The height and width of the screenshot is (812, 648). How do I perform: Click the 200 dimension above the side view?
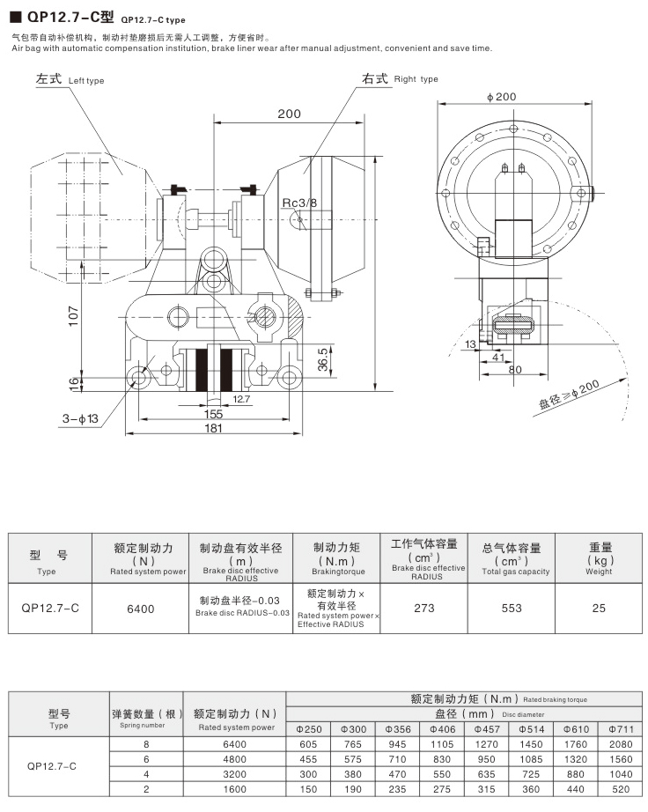tap(289, 114)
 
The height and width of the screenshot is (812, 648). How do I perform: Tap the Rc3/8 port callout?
tap(299, 203)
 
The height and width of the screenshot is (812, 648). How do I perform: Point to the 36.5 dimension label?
tap(322, 358)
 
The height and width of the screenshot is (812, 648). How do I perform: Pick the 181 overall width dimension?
tap(213, 428)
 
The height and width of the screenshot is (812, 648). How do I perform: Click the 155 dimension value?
tap(213, 413)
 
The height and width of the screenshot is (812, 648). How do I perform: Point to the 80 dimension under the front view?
tap(515, 369)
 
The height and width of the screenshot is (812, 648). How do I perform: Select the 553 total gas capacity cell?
tap(512, 608)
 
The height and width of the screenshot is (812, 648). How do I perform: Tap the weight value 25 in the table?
tap(599, 608)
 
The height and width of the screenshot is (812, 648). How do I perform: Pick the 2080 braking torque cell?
tap(620, 744)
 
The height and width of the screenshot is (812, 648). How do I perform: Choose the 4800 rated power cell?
tap(235, 759)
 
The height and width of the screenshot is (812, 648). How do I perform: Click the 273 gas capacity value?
tap(423, 608)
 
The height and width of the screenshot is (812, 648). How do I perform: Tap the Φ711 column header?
tap(620, 728)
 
